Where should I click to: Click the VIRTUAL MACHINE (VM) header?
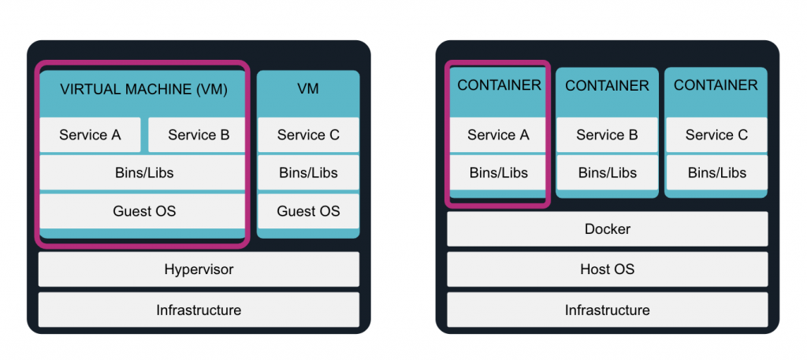click(143, 89)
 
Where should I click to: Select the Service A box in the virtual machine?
click(90, 135)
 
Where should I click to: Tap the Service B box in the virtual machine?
click(199, 135)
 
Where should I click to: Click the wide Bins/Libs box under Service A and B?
click(143, 173)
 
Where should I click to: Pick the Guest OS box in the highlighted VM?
click(143, 210)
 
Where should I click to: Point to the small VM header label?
click(308, 89)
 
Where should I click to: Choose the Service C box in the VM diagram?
click(308, 135)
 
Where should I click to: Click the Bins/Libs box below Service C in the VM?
click(308, 173)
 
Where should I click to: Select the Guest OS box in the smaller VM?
click(308, 210)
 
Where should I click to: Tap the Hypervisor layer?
click(199, 269)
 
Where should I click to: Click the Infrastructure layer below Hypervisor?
click(199, 310)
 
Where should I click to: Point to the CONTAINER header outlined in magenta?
click(499, 85)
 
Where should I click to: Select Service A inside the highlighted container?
click(498, 135)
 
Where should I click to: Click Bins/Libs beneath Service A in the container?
click(498, 173)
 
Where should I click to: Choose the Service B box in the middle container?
click(607, 135)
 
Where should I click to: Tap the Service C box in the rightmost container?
click(716, 135)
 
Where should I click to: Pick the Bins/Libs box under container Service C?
click(716, 173)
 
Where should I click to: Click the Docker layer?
click(607, 229)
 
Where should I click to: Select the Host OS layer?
click(607, 269)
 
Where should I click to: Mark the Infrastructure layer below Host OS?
click(607, 310)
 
